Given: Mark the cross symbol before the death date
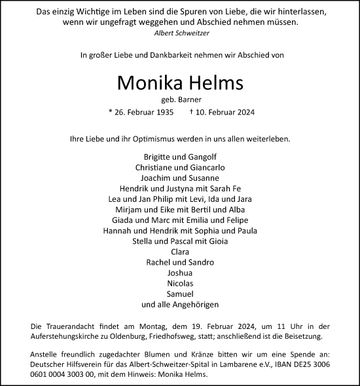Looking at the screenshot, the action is click(x=191, y=112).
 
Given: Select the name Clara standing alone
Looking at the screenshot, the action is click(x=180, y=251).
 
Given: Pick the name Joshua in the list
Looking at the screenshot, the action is click(x=180, y=272).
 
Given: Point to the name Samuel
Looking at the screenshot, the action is click(x=180, y=294).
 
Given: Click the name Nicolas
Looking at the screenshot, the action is click(x=180, y=283).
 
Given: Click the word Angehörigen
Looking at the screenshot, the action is click(x=194, y=305).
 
